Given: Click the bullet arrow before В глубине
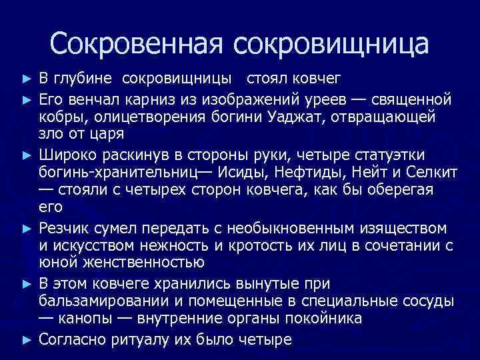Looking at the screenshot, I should click(x=26, y=80).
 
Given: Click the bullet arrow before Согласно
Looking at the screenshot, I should click(x=26, y=340).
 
